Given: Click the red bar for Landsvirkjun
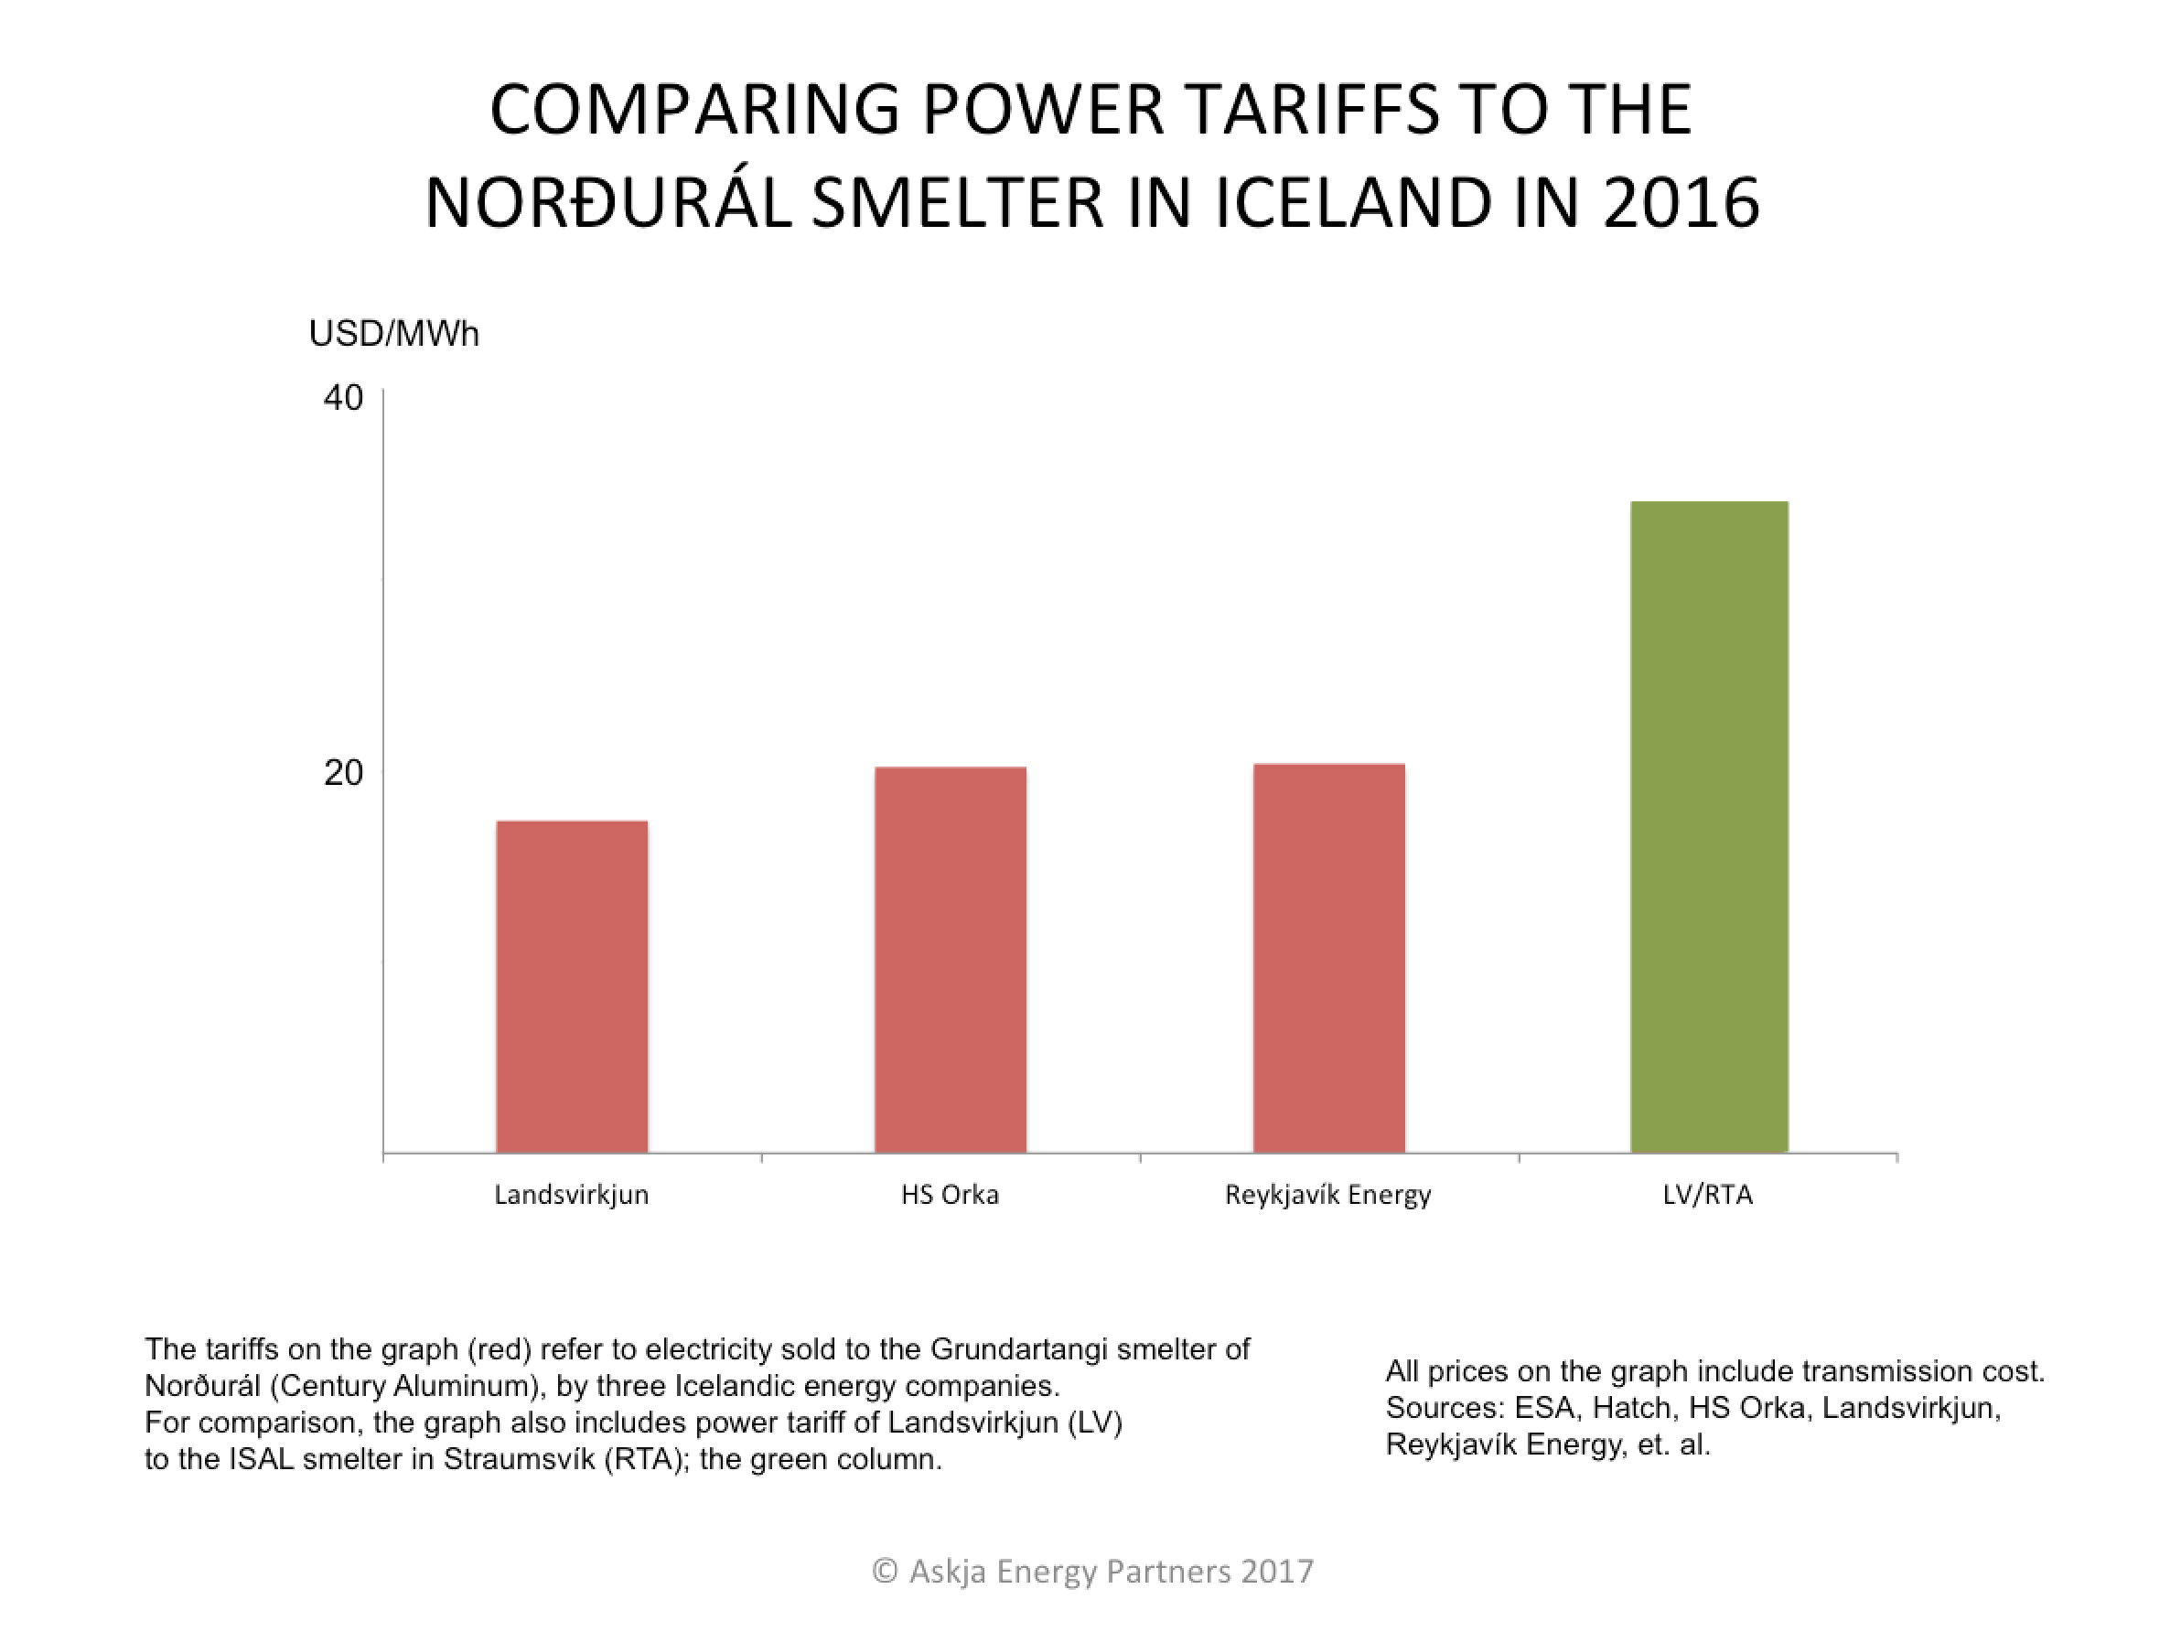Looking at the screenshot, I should pos(572,986).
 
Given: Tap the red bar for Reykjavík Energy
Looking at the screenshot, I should pos(1328,958).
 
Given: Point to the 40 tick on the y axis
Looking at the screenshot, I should pos(343,398).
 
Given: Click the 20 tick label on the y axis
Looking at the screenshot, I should pos(343,772).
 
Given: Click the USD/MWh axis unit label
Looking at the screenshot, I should pos(393,334).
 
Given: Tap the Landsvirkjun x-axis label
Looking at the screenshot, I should pos(571,1195).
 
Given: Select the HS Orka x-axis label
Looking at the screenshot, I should pos(950,1195).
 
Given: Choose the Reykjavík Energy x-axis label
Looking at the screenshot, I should pos(1327,1195).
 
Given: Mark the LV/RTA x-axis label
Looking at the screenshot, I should pos(1708,1195).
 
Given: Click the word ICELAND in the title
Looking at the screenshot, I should pos(1354,202).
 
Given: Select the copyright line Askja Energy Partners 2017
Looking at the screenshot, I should pos(1092,1571).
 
